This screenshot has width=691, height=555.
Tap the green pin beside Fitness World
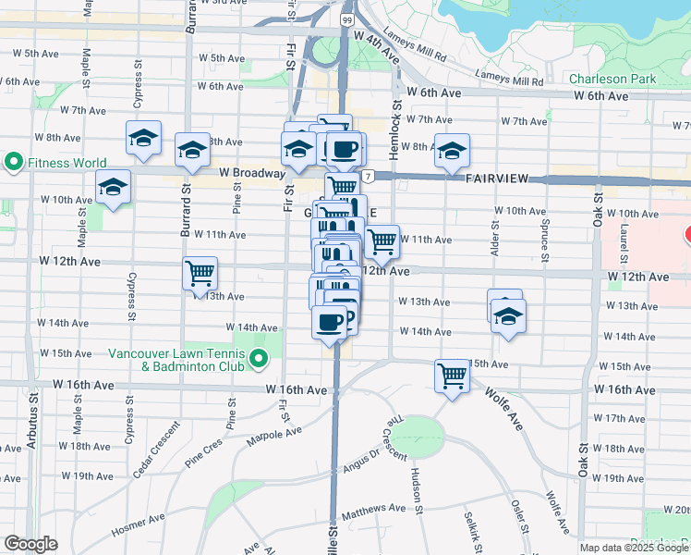point(13,164)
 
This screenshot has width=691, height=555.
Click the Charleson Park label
point(612,79)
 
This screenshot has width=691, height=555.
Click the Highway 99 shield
point(345,19)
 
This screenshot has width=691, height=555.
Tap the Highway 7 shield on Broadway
point(368,176)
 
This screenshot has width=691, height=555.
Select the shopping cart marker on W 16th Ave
point(452,376)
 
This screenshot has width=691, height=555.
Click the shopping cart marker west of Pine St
point(200,274)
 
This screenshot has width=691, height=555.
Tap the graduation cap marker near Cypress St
point(143,139)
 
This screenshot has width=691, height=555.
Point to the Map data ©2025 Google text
point(635,548)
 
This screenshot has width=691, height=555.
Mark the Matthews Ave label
point(373,508)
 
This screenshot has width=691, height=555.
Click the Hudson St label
point(418,488)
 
